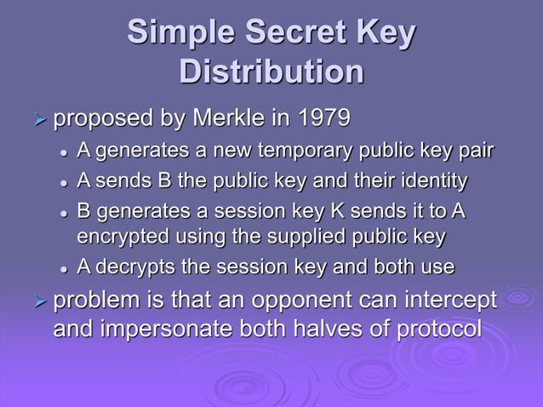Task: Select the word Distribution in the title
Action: tap(271, 72)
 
